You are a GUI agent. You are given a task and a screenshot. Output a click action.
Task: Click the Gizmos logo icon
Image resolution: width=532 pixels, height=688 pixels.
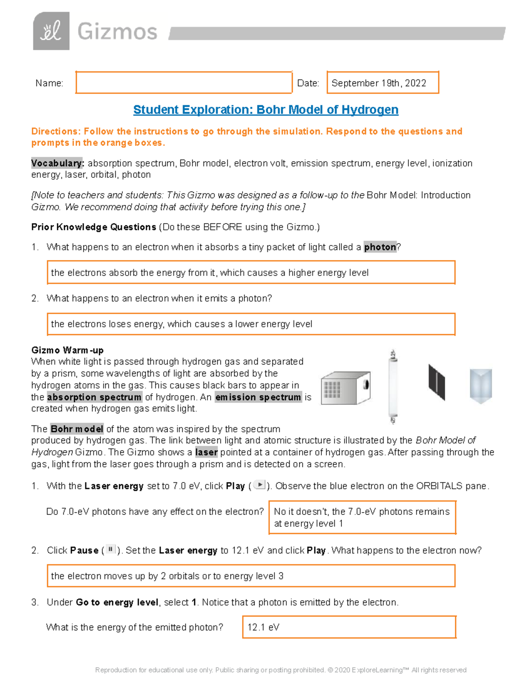[51, 31]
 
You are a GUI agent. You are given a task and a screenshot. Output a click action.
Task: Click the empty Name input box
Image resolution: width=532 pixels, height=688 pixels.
[184, 83]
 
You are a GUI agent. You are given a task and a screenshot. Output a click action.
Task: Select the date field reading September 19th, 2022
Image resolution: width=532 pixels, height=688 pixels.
[382, 83]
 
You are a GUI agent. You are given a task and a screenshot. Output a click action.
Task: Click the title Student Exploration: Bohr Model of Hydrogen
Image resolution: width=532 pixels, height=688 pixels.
[266, 110]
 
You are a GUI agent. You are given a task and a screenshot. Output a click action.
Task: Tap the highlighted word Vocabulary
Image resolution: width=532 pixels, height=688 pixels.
[57, 163]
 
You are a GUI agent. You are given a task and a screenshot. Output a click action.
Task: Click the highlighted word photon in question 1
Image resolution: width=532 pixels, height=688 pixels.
[380, 247]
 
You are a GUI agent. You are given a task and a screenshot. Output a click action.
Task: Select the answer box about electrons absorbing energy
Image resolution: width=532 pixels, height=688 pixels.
[251, 272]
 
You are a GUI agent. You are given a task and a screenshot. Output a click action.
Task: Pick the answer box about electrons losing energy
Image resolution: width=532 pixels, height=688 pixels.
[251, 324]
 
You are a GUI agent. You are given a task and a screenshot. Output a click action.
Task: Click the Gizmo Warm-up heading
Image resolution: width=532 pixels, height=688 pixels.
[67, 350]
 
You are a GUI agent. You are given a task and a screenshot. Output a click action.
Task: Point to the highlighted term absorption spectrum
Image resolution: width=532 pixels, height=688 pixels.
[94, 397]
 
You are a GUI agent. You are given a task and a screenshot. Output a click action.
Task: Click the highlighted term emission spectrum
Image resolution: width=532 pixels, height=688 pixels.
[258, 397]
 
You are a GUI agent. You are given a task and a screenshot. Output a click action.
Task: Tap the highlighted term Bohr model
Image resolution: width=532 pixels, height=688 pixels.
[77, 429]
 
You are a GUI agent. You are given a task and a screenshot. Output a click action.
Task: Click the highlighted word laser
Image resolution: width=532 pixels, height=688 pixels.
[206, 452]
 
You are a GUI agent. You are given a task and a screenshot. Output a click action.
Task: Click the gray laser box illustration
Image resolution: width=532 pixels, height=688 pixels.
[345, 388]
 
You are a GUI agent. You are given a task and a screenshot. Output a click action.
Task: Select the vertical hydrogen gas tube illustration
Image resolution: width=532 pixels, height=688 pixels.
[393, 387]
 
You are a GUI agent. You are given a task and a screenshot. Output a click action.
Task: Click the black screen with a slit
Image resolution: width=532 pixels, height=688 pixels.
[436, 382]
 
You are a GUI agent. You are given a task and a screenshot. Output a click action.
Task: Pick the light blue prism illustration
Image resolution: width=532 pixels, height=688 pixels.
[481, 385]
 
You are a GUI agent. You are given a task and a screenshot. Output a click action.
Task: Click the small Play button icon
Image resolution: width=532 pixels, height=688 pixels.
[260, 485]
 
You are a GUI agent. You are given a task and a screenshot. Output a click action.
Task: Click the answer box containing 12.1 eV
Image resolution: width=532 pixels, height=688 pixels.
[349, 627]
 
